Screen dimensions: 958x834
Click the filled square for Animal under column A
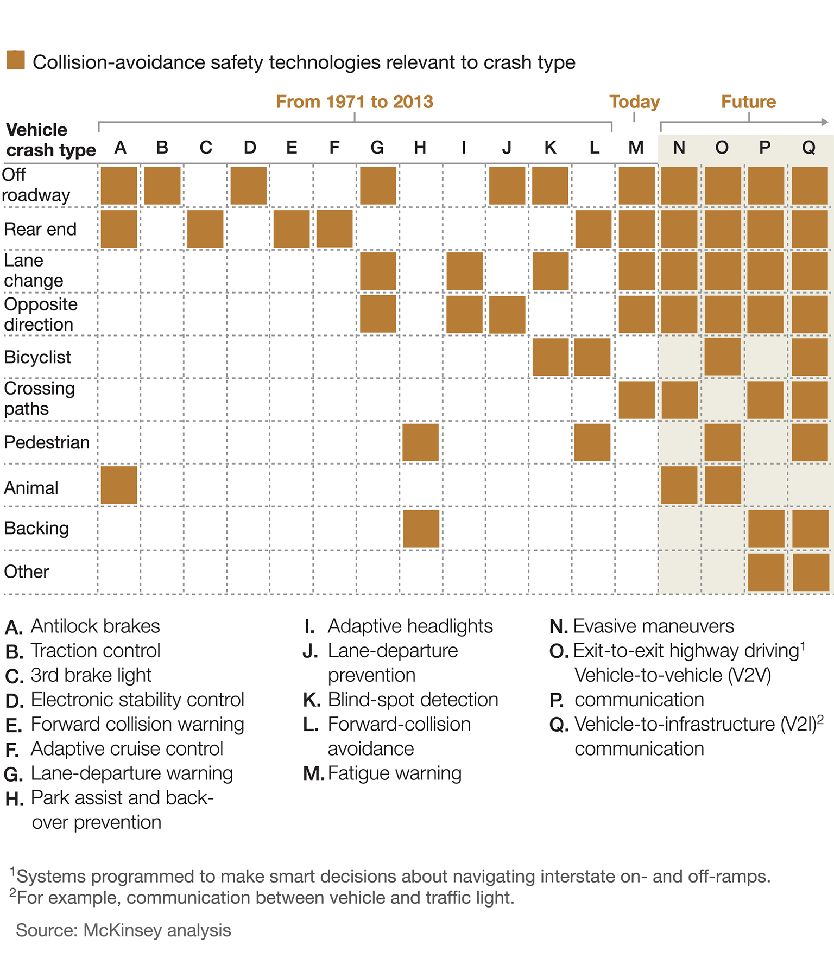pos(119,485)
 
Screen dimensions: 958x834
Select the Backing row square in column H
pos(421,529)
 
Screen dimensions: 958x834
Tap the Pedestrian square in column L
pos(592,443)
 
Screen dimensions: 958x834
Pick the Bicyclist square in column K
pos(551,357)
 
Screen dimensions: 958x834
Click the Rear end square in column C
pos(205,229)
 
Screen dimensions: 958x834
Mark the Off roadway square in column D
pos(249,186)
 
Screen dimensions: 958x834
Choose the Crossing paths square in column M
pos(637,400)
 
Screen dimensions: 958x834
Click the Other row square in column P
pos(766,572)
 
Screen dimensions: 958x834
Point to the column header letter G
pos(377,148)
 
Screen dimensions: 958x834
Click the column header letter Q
pos(809,148)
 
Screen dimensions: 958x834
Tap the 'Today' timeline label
pos(634,101)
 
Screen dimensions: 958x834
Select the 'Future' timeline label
pos(748,101)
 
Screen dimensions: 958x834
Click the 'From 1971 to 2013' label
pos(355,101)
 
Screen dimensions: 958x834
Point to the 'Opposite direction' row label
pos(40,314)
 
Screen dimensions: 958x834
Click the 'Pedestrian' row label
pos(47,442)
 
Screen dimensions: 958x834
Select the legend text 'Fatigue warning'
pos(394,773)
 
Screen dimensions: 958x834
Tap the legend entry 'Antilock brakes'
pos(95,626)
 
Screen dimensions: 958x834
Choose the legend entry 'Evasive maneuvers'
pos(653,626)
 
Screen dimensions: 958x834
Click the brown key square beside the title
pos(16,60)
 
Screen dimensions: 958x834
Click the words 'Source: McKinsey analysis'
pos(124,930)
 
